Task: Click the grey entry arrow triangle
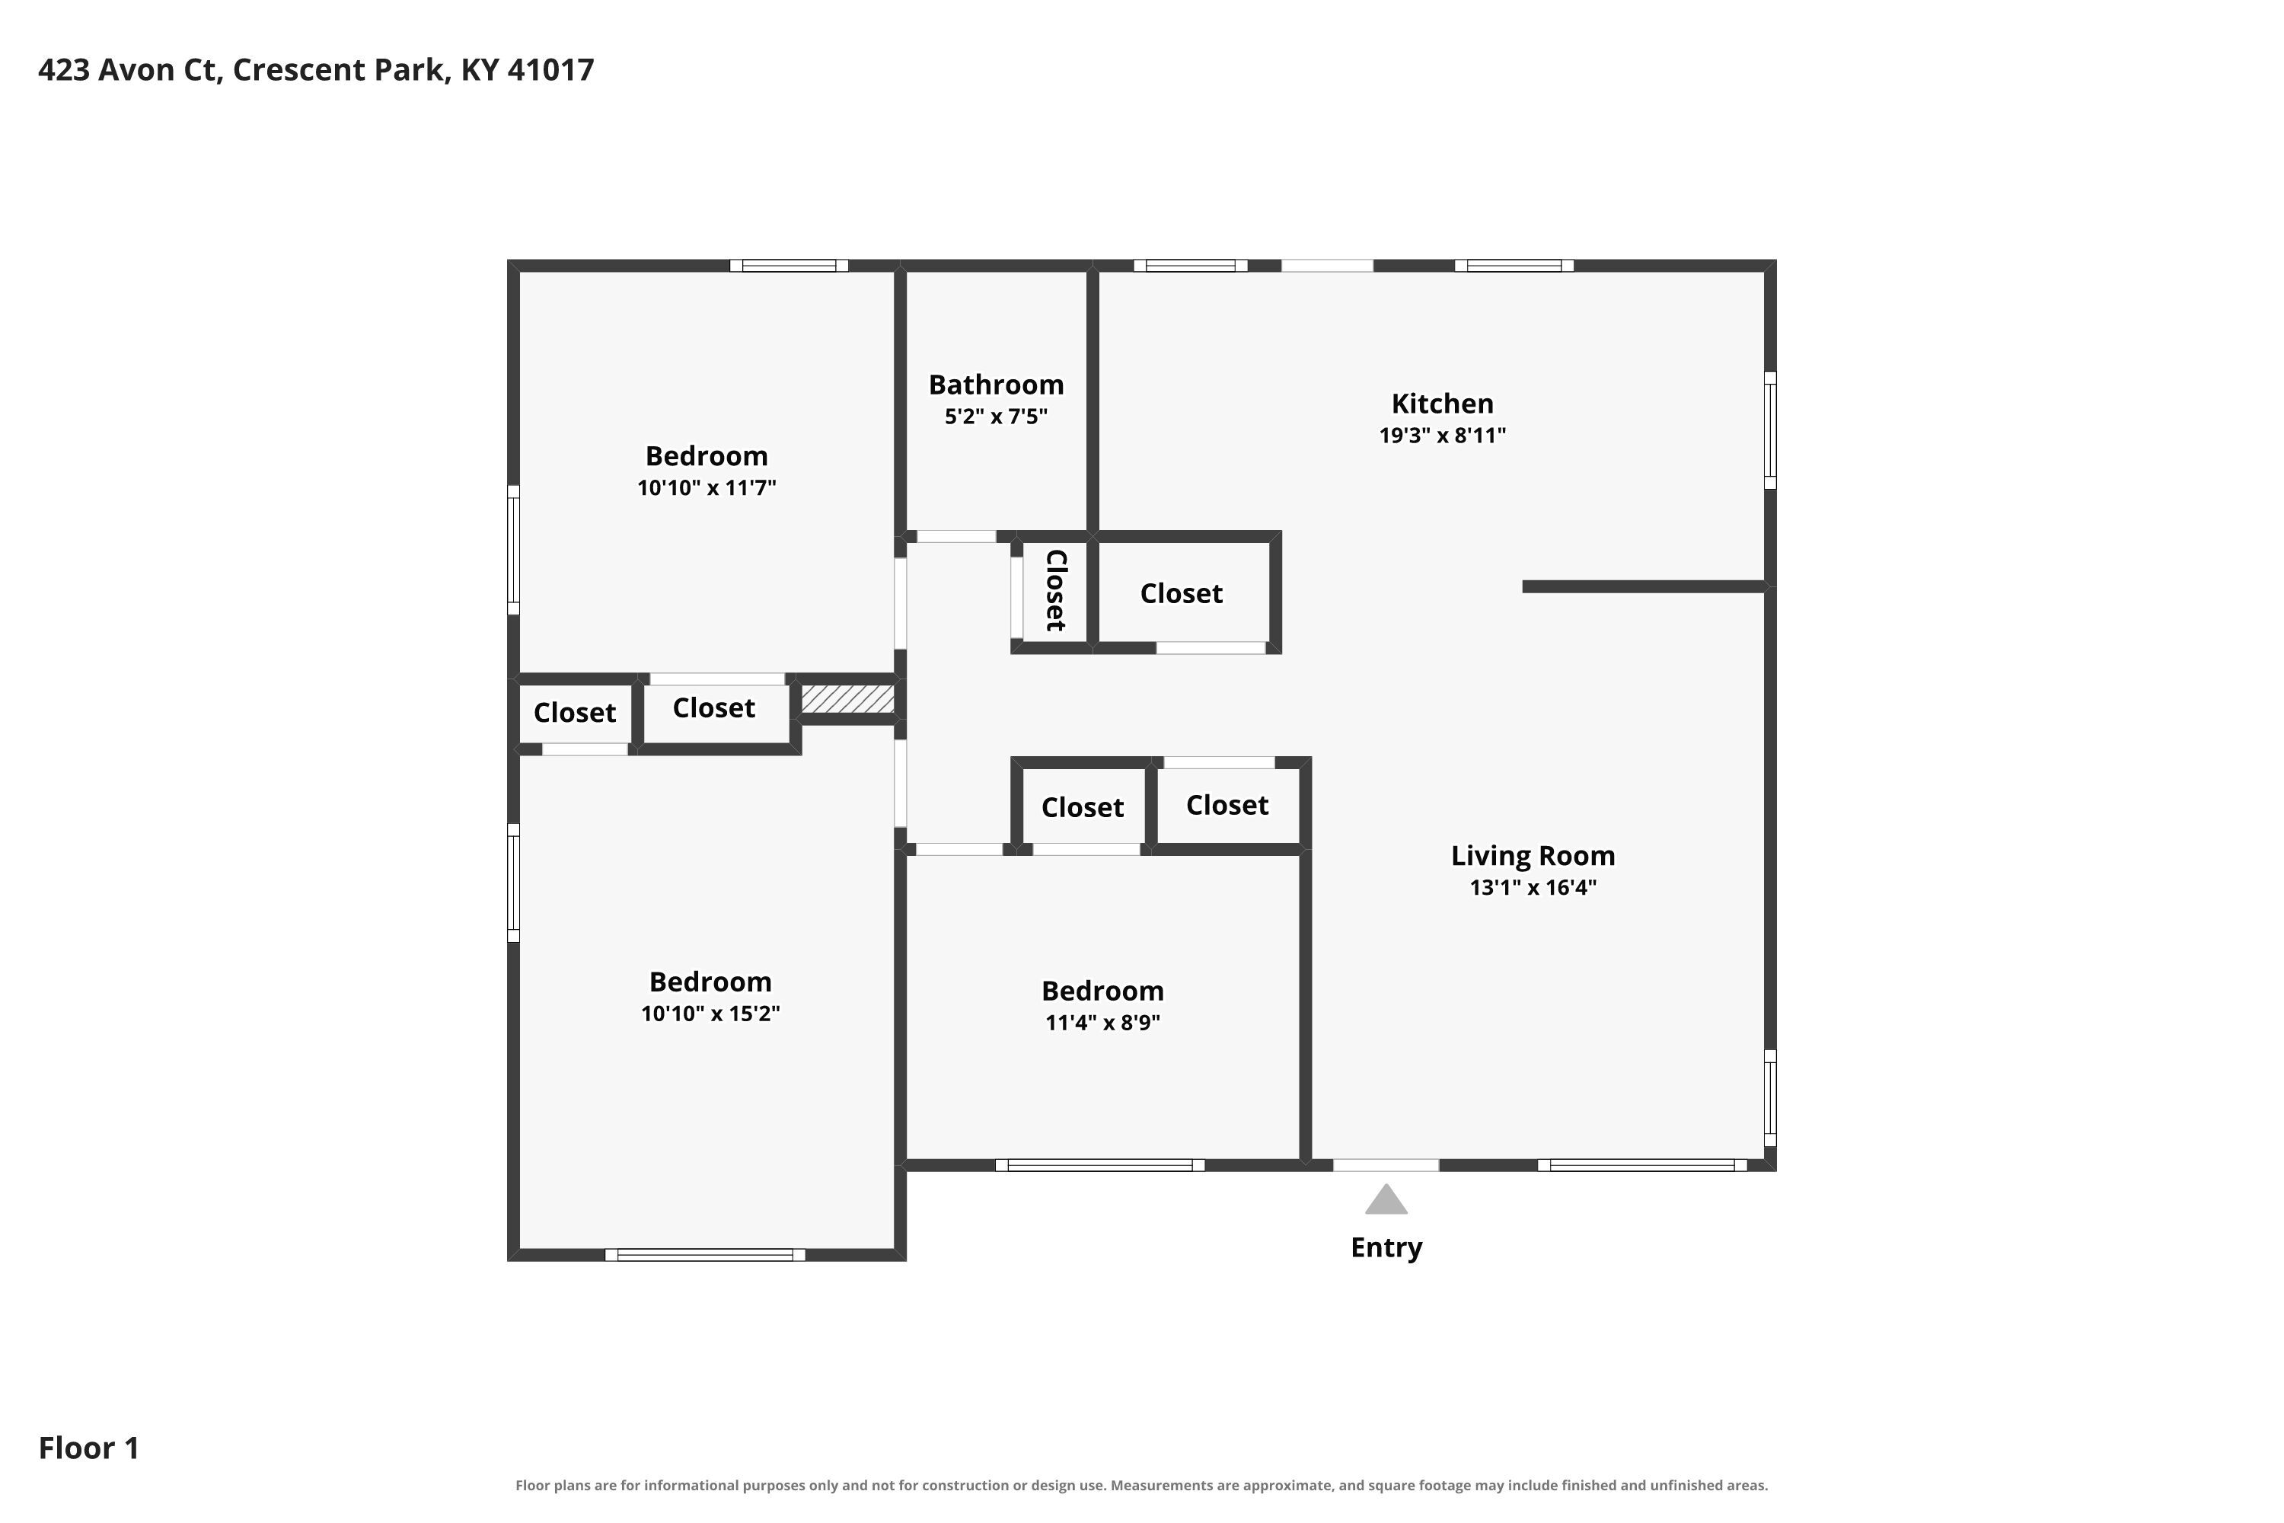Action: [1386, 1201]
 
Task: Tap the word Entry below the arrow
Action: [1386, 1247]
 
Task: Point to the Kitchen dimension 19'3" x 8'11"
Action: [1442, 435]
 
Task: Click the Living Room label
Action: [1533, 856]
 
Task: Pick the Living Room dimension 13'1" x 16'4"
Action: [1533, 888]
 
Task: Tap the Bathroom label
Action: [997, 385]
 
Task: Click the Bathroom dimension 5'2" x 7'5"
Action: [997, 417]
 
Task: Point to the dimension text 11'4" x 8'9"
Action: [1102, 1023]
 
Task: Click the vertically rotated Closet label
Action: [1055, 591]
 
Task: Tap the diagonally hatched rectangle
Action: [847, 699]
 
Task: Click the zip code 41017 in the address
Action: [550, 70]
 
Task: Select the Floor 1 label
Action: [88, 1448]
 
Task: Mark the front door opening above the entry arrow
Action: [1386, 1164]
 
